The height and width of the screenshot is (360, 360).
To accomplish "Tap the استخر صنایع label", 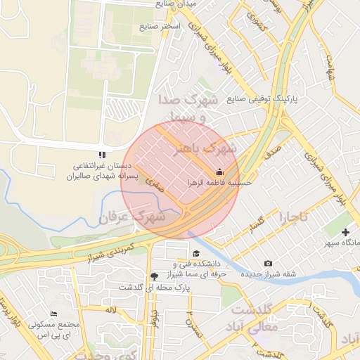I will point(160,27).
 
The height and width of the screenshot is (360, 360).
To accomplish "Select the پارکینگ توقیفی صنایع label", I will point(262,99).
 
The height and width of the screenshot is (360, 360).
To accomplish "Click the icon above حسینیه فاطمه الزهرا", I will point(219,172).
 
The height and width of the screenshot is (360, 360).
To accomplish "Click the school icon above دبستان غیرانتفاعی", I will point(103,155).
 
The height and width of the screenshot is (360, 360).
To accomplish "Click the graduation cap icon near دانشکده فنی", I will point(195,254).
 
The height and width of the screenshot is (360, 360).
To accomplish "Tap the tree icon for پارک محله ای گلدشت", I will point(155,276).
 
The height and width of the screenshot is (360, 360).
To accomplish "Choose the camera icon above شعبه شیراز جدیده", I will point(268,264).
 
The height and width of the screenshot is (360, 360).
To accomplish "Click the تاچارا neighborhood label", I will point(293,217).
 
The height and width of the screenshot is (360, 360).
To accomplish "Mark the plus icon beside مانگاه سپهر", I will point(346,232).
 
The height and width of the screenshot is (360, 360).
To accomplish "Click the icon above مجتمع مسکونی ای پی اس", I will point(54,314).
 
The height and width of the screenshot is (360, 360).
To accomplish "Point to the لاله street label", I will point(110,310).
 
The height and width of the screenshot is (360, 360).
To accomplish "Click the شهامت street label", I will point(328,68).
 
